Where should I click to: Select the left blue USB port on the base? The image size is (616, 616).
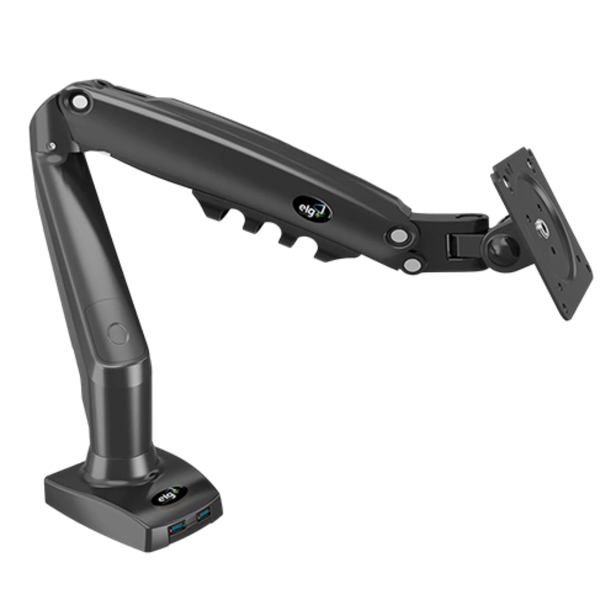[x=176, y=529]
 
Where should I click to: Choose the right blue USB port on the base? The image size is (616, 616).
[x=203, y=515]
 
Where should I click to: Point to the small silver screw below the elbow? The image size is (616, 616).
[x=52, y=146]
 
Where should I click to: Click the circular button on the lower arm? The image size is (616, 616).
[x=118, y=333]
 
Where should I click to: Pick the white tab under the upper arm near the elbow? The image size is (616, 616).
[x=104, y=153]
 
